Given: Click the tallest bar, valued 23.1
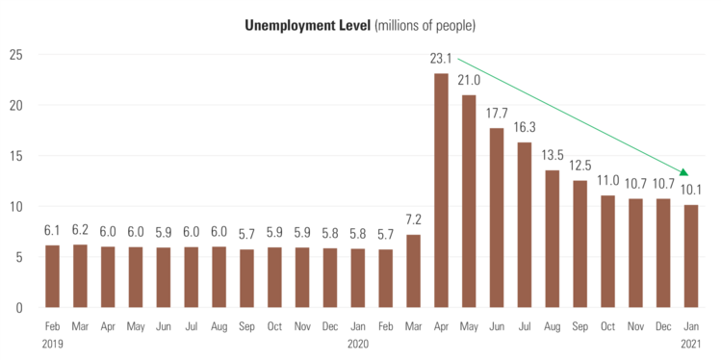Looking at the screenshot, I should click(x=441, y=191).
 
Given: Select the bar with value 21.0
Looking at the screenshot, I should click(x=469, y=201).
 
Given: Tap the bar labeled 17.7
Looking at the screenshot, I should click(x=497, y=218).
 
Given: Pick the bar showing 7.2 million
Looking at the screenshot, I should click(x=413, y=270).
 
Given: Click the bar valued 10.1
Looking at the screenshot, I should click(x=691, y=256).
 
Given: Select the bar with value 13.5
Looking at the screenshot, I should click(x=553, y=239).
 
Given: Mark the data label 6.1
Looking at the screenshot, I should click(x=52, y=230).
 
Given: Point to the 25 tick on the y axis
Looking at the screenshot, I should click(x=16, y=54).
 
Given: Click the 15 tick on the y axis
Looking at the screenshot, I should click(x=16, y=155).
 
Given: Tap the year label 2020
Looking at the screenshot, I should click(x=357, y=344).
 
